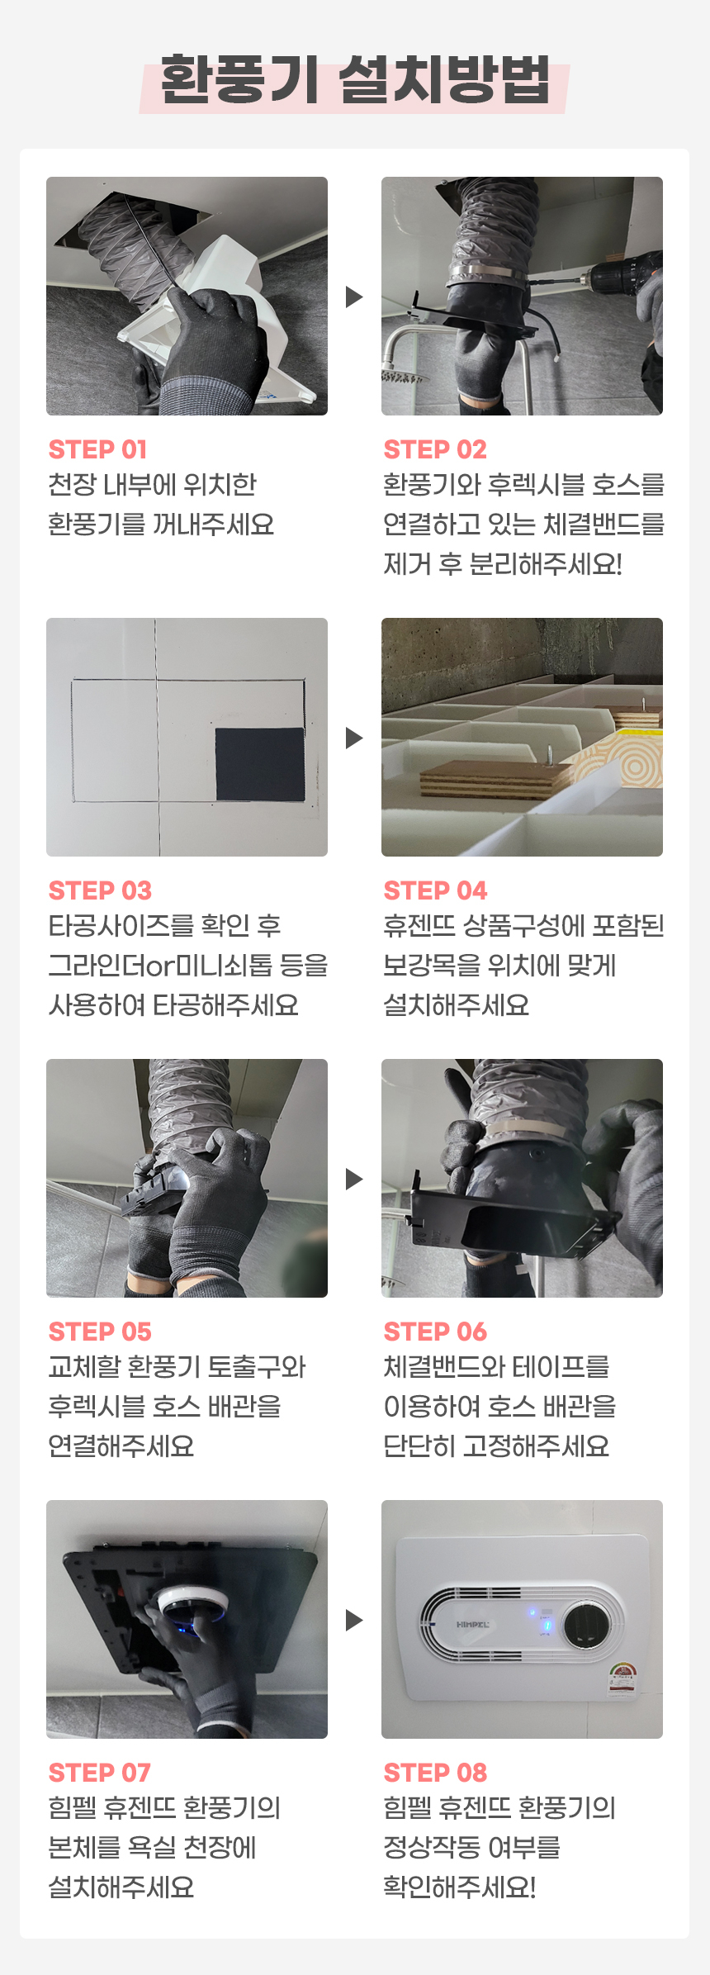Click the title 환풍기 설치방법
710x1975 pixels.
(355, 81)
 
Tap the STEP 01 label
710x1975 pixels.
(97, 449)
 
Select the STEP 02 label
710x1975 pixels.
(435, 449)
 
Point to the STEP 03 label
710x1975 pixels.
(100, 890)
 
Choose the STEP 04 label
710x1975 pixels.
(435, 890)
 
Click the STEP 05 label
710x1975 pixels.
(100, 1332)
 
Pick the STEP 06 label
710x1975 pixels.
(435, 1332)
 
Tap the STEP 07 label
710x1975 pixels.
(99, 1773)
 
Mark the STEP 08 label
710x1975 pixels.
(435, 1773)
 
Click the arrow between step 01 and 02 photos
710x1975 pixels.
(354, 297)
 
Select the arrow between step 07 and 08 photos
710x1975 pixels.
(354, 1620)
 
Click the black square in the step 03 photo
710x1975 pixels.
(260, 764)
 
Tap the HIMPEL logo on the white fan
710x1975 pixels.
(472, 1625)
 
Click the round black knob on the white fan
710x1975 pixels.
(587, 1625)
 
